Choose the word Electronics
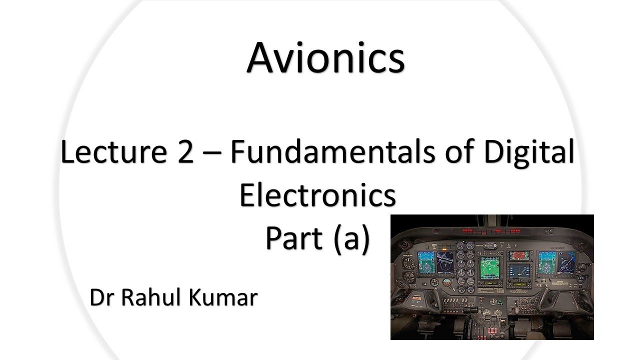pyautogui.click(x=318, y=195)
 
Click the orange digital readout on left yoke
pyautogui.click(x=416, y=298)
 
